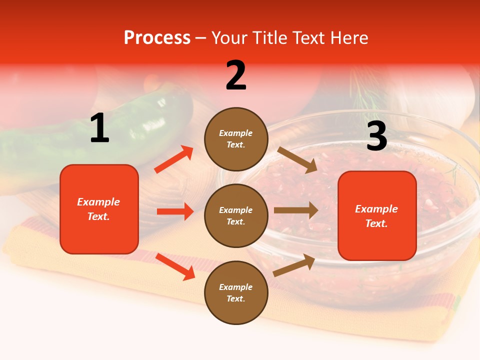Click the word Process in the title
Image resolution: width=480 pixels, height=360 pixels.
157,38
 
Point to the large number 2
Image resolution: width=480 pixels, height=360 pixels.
236,75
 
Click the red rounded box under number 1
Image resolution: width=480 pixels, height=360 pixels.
99,209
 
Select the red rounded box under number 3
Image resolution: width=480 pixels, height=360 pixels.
377,216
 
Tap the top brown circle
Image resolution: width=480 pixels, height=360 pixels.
236,139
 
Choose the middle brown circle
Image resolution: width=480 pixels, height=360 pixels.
236,215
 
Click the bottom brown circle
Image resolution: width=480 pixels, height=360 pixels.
236,292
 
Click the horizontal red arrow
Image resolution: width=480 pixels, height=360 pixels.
175,211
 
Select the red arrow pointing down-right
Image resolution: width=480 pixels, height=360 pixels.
175,266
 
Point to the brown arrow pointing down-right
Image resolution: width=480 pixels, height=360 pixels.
297,159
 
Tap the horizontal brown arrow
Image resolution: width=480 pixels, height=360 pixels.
296,210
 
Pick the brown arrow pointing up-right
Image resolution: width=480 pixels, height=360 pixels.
294,265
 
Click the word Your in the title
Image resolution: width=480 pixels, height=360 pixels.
229,38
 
